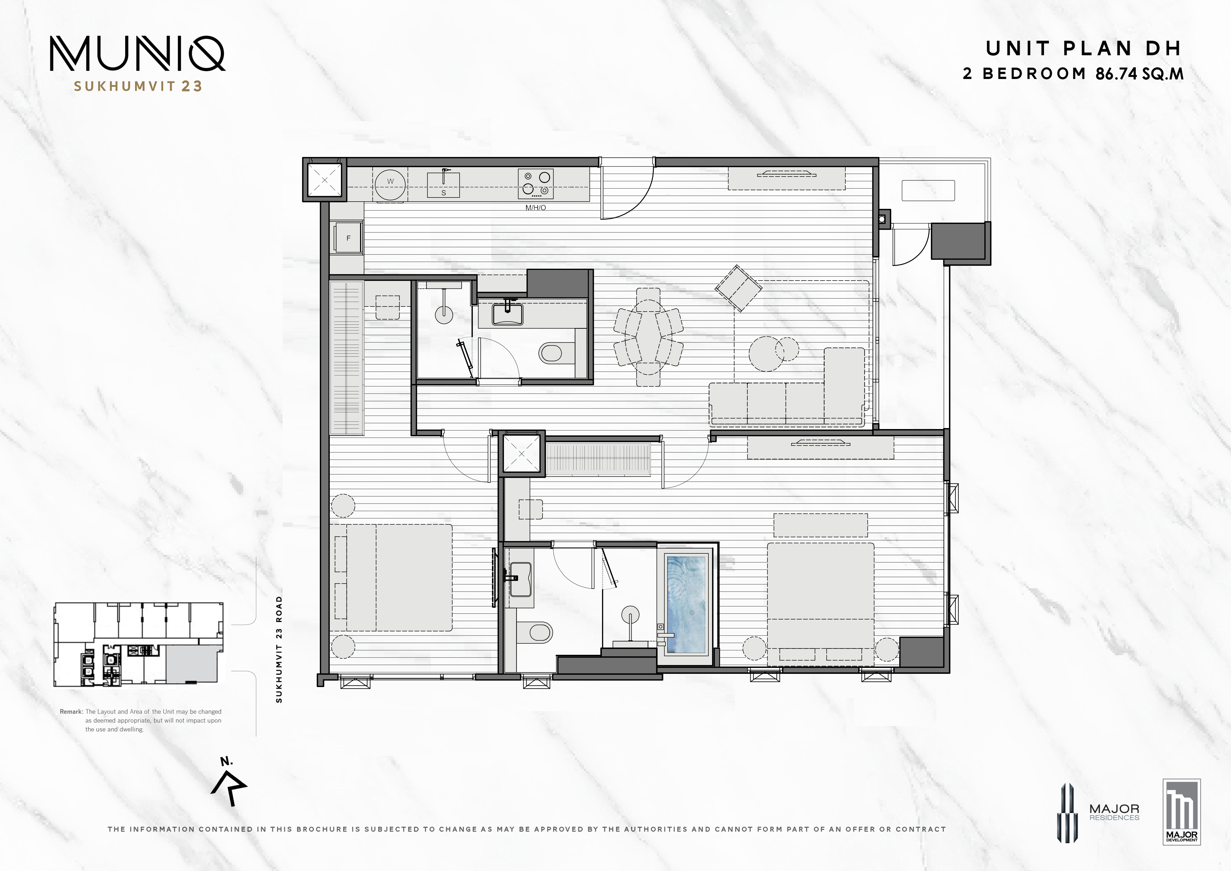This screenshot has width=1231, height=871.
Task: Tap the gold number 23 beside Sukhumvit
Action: (x=191, y=86)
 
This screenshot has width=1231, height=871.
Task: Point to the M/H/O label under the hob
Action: (x=536, y=208)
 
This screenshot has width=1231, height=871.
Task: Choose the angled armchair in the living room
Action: (x=738, y=288)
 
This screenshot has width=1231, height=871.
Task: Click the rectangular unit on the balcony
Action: (x=928, y=190)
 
